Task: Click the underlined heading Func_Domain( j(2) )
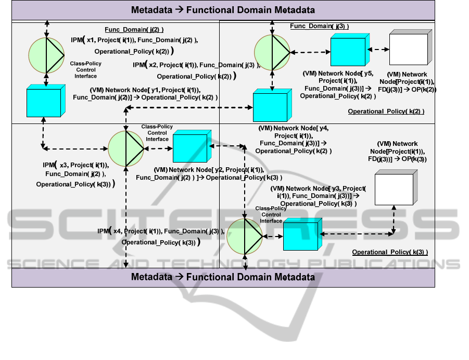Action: click(137, 30)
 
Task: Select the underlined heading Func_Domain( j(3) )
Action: click(319, 26)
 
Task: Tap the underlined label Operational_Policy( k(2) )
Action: click(386, 111)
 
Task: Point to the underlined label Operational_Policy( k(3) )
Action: click(390, 252)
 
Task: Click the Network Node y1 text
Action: click(145, 94)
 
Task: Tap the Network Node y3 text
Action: click(318, 195)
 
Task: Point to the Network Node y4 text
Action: click(294, 139)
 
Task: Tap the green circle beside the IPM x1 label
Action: click(46, 55)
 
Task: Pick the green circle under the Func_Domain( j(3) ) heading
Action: click(272, 52)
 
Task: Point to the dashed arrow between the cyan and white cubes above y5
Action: click(378, 49)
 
